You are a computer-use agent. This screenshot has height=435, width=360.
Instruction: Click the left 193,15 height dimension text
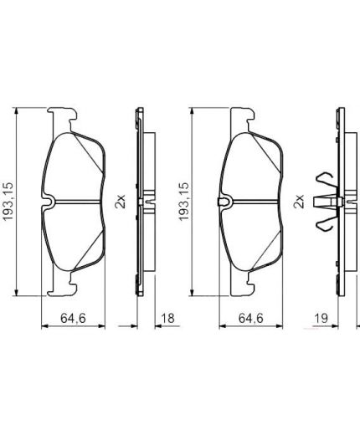[8, 202]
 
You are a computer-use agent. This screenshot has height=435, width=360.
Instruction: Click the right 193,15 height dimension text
[184, 202]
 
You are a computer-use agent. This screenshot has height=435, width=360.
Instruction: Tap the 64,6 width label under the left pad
[73, 318]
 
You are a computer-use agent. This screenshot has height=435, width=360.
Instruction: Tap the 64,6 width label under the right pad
[250, 318]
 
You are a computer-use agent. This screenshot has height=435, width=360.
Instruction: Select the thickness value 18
[167, 318]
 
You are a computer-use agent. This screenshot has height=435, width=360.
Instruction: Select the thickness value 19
[321, 318]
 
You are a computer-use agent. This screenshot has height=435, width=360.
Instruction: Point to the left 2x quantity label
[120, 202]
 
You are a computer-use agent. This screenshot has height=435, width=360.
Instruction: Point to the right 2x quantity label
[298, 202]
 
